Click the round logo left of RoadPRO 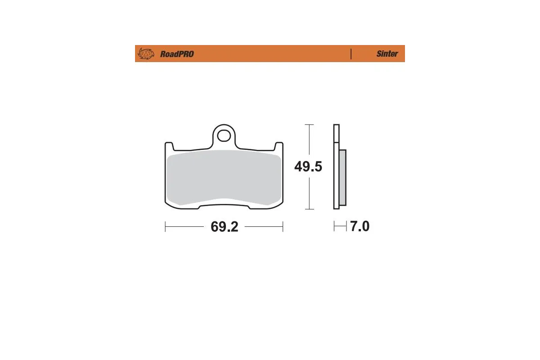click(146, 54)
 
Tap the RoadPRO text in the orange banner click(177, 54)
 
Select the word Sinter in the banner click(387, 54)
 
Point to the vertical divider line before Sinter click(351, 54)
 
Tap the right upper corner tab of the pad click(279, 146)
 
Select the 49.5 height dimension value click(308, 167)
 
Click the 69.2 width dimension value click(224, 227)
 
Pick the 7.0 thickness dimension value click(360, 226)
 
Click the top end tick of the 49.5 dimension click(309, 124)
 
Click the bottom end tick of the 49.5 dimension click(309, 209)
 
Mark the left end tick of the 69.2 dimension click(165, 226)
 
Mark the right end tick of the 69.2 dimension click(283, 226)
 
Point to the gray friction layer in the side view click(342, 177)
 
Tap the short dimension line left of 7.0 click(340, 226)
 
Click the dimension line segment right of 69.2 click(263, 226)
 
